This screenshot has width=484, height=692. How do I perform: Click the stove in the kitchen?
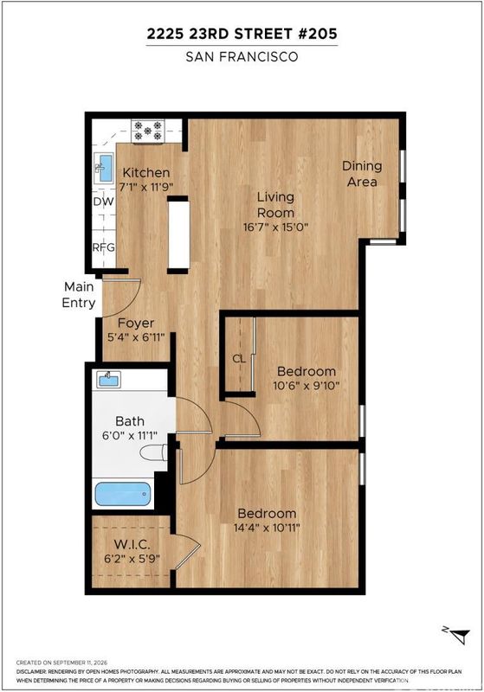(148, 131)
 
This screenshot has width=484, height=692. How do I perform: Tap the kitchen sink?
(104, 168)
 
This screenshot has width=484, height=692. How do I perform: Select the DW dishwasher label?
(104, 202)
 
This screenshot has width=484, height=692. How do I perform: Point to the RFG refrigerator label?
(104, 247)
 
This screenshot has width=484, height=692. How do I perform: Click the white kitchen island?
(178, 234)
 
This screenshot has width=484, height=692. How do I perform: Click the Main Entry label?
(79, 295)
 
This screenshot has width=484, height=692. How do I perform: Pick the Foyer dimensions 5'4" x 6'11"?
(136, 337)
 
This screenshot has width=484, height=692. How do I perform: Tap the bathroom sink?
(109, 379)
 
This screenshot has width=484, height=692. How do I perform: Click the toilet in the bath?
(153, 452)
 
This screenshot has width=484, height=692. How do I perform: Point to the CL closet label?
(239, 359)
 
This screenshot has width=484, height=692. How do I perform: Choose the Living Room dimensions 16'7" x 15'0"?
(275, 227)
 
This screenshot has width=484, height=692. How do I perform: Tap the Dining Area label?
(362, 174)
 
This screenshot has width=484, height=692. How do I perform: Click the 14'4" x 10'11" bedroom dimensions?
(267, 528)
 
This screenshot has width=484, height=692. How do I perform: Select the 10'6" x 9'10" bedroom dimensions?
(306, 385)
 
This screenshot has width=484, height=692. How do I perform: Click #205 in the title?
(318, 34)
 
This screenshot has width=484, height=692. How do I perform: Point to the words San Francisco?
(242, 57)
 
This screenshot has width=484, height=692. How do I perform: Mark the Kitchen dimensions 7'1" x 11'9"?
(146, 187)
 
